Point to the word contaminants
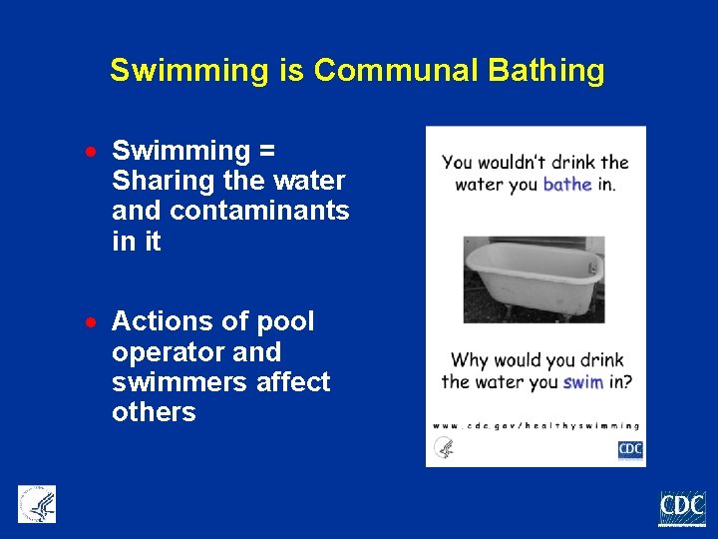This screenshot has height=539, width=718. (259, 212)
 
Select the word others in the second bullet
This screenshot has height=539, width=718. (154, 413)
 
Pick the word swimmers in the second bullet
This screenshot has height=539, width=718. (172, 382)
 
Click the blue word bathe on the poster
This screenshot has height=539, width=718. (567, 184)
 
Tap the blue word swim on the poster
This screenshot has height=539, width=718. (582, 381)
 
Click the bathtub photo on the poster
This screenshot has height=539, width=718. (534, 278)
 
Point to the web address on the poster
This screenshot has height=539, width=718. (535, 424)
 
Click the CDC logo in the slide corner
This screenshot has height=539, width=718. (682, 509)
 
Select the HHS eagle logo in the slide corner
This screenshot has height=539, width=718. (37, 504)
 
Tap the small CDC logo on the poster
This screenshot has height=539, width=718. (630, 449)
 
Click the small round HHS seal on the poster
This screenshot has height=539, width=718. (445, 448)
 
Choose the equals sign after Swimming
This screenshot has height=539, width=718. (266, 151)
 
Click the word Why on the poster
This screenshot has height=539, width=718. (470, 360)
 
